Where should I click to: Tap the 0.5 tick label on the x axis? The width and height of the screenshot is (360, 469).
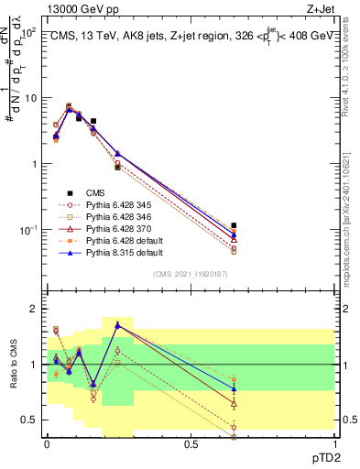point(191,445)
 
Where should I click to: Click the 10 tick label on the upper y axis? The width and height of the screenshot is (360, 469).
point(29,97)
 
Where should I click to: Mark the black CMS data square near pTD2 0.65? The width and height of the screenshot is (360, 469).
point(234,225)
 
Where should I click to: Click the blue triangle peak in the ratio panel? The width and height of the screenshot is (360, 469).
point(117,324)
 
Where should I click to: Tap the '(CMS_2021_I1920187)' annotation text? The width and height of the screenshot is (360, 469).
point(191,275)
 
